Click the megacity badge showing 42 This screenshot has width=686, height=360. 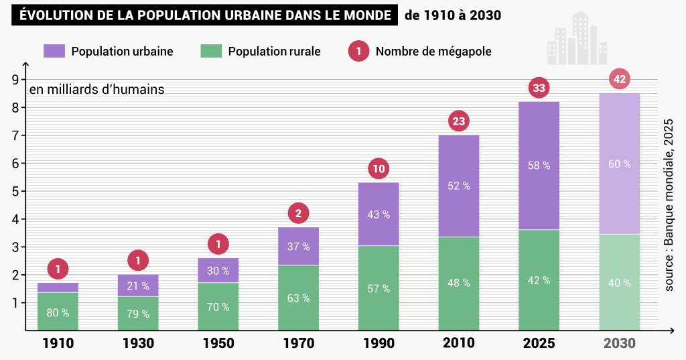point(620,79)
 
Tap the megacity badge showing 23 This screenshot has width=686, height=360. point(459,121)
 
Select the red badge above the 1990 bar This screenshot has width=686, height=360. point(379,169)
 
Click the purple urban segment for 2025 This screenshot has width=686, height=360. point(539,166)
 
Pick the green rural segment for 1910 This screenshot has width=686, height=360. point(58,311)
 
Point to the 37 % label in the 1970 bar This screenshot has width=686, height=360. point(298,246)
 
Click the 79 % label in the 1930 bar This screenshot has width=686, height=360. point(138,313)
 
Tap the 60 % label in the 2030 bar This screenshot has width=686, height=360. point(620,164)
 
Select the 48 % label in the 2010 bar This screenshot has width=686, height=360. point(459,283)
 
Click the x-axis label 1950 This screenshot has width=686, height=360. point(218,343)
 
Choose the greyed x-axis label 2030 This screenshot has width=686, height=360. point(620,343)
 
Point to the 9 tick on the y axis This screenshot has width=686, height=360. point(14,80)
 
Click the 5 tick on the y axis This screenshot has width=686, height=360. point(14,191)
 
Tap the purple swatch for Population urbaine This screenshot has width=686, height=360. point(54,51)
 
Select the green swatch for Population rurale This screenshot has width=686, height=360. point(211,51)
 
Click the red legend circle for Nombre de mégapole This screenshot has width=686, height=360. point(359,51)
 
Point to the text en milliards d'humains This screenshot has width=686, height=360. point(96,89)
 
